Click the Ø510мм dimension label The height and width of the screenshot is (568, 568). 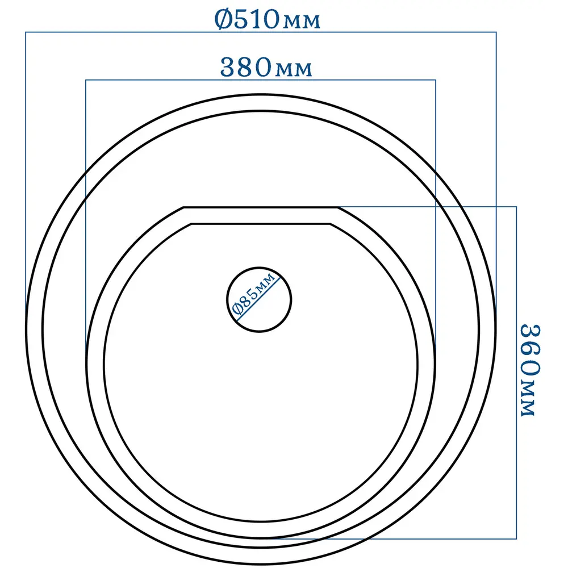coord(268,19)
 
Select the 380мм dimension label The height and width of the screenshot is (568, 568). coord(266,68)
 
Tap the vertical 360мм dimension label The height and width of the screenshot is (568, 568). coord(529,370)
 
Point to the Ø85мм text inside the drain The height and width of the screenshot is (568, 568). coord(254,294)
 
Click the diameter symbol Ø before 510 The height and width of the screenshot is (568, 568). coord(223,19)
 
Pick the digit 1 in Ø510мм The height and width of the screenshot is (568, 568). coord(254,19)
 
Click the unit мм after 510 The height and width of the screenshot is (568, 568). coord(302,22)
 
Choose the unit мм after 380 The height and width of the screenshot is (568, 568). coord(294,69)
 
